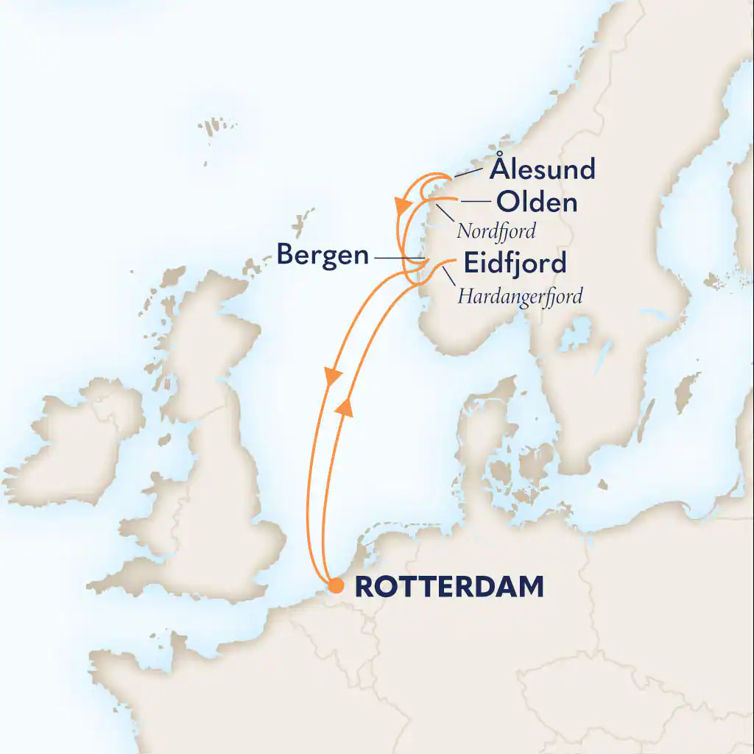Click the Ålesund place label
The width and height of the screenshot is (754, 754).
tap(543, 169)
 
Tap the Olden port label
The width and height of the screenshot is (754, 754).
tap(536, 202)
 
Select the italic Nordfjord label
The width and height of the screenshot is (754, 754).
tap(496, 231)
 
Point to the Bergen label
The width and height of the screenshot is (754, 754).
tap(323, 256)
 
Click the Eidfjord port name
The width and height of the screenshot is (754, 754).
tap(515, 263)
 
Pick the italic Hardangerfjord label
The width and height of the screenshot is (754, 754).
tap(520, 297)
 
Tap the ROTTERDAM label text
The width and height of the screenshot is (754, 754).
tap(450, 587)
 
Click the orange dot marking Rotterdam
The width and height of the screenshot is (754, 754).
tap(335, 586)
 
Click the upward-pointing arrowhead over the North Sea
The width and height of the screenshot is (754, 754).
tap(345, 406)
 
